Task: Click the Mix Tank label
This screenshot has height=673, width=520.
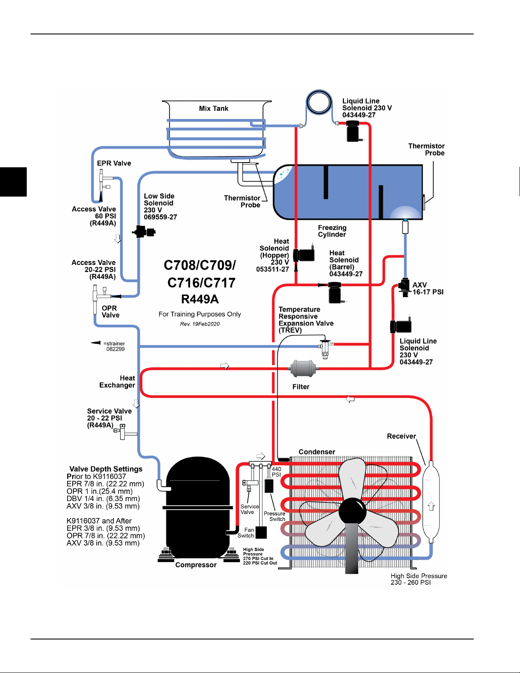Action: coord(214,109)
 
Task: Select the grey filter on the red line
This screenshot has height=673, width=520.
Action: coord(303,369)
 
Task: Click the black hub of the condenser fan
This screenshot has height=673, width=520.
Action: coord(352,511)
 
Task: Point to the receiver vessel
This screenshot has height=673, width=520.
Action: coord(431,502)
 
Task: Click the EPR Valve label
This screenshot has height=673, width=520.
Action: coord(114,163)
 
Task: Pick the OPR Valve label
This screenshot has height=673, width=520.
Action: coord(110,312)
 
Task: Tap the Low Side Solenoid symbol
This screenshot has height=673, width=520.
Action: coord(144,232)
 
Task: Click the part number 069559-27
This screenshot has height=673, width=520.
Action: coord(160,217)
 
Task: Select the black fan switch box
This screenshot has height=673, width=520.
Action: coord(261,532)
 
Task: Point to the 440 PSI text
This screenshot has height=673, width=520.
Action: coord(276,472)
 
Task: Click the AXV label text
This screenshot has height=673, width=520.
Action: coord(420,285)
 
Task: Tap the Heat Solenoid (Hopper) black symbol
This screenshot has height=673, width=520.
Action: coord(304,255)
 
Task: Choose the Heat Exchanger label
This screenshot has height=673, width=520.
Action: coord(117,382)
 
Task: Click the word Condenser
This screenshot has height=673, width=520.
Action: coord(317,452)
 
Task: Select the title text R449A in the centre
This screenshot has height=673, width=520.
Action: coord(200,299)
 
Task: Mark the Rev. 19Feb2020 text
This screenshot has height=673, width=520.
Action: coord(200,324)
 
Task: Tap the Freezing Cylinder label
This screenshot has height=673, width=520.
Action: coord(332,231)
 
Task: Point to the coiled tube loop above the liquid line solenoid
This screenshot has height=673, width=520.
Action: coord(319,102)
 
